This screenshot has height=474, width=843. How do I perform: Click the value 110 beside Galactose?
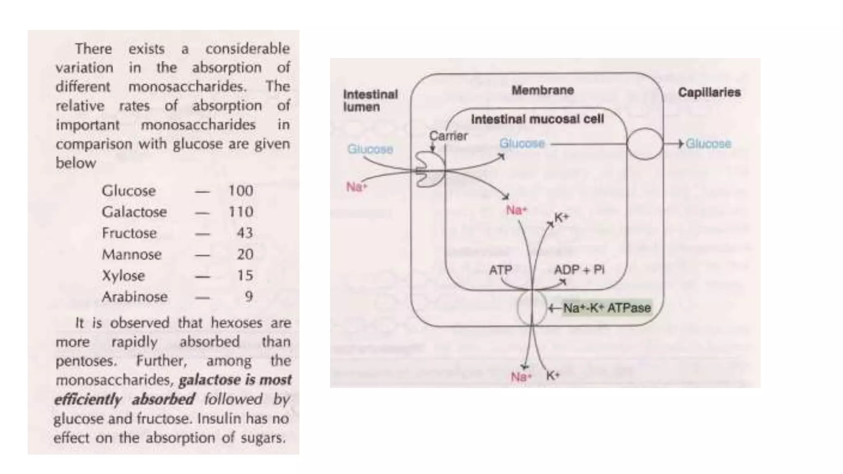(x=241, y=212)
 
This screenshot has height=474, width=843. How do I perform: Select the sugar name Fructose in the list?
(x=129, y=233)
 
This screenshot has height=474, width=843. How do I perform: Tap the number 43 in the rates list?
(x=245, y=233)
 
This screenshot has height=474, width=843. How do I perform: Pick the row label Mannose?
(x=132, y=255)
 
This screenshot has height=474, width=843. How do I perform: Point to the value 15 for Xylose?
(x=245, y=276)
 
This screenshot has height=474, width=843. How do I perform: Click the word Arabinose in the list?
(x=135, y=297)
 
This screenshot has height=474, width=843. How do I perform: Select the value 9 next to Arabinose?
(x=249, y=297)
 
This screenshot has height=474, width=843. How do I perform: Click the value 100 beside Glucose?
(x=241, y=191)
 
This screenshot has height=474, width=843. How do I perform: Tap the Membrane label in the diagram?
(x=543, y=90)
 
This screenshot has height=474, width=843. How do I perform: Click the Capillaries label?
(x=709, y=92)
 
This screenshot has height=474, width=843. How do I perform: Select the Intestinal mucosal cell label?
(x=538, y=119)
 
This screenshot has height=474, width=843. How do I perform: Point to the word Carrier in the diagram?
(x=448, y=136)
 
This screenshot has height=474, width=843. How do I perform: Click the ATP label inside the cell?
(x=501, y=270)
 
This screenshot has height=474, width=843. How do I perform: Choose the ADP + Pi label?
(x=579, y=270)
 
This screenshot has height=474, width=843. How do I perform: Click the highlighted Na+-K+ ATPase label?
(x=607, y=308)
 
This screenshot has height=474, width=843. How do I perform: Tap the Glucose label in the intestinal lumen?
(x=370, y=149)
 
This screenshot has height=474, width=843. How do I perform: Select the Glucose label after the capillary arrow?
(x=708, y=144)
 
